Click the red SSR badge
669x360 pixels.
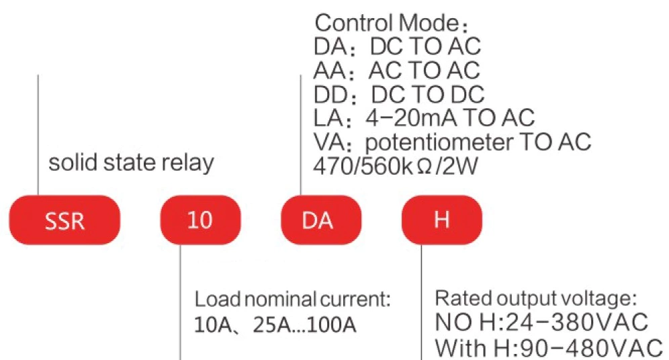coord(64,220)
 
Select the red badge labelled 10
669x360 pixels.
coord(200,220)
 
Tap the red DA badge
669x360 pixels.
coord(320,220)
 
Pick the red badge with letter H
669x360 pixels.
coord(441,220)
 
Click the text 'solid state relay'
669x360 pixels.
coord(131,163)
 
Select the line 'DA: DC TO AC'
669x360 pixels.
coord(397,47)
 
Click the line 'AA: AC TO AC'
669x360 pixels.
coord(397,70)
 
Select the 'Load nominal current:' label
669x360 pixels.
coord(292,298)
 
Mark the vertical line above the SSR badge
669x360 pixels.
coord(38,134)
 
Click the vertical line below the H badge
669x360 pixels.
coord(421,302)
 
